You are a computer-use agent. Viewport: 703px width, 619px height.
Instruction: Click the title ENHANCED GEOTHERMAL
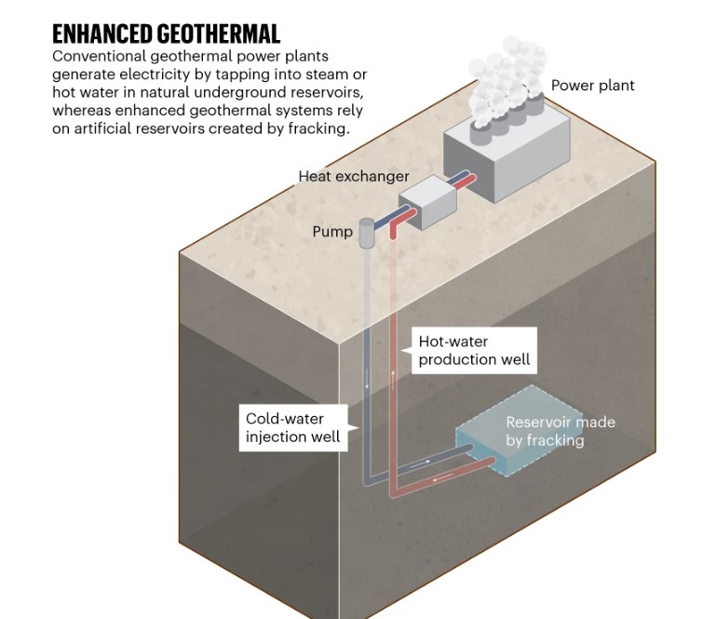coord(166,34)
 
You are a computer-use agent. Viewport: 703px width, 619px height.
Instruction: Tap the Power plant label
coord(592,86)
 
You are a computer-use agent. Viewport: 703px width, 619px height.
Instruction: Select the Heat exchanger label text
coord(353,176)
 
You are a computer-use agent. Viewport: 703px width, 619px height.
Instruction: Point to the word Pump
coord(332,231)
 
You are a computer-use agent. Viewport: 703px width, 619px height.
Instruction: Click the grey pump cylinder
coord(366,233)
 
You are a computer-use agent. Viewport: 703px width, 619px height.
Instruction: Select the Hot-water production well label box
coord(474,350)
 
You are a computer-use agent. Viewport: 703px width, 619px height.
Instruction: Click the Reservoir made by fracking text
coord(560,431)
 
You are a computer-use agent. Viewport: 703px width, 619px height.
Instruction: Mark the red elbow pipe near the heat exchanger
coord(397,226)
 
